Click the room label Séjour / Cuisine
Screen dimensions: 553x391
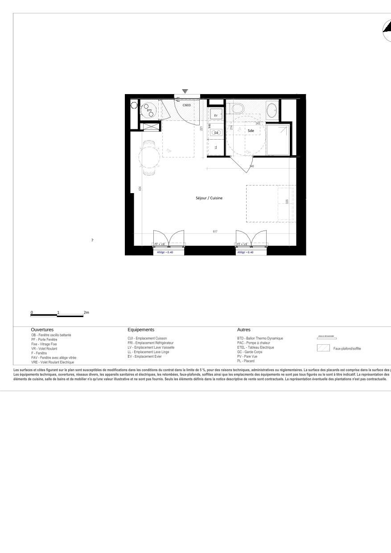coord(209,198)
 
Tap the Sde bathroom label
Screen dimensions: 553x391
coord(251,131)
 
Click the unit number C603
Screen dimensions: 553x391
coord(187,105)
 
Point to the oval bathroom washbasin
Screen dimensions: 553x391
coord(272,109)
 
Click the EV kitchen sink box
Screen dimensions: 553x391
coord(216,116)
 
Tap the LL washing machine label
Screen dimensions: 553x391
coord(216,147)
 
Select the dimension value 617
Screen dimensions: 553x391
coord(215,231)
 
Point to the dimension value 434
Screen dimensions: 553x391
coord(140,189)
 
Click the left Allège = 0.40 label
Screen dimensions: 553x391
coord(165,252)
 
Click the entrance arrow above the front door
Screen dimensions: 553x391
coord(185,91)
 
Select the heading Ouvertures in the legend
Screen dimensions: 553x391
coord(42,330)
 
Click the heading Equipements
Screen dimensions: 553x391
coord(141,330)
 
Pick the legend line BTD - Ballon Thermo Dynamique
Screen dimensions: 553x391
coord(260,338)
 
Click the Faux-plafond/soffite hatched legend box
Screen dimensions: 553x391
coord(323,348)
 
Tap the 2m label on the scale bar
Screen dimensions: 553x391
coord(86,313)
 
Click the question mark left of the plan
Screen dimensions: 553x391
coord(92,240)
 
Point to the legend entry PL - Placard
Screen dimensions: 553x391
coord(246,361)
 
